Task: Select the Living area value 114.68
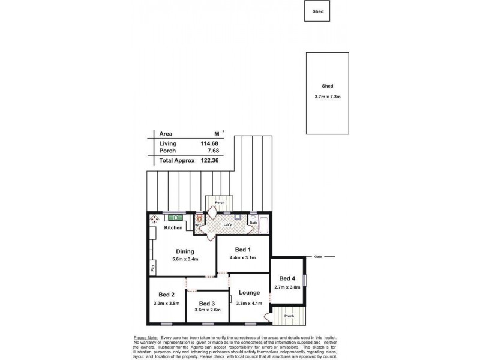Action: click(x=208, y=143)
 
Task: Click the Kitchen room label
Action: click(x=173, y=228)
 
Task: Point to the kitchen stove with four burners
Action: click(x=154, y=218)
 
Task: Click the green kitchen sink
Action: click(x=175, y=218)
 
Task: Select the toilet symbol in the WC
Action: click(x=199, y=220)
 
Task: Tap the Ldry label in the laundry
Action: click(x=227, y=225)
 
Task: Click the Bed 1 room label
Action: click(x=242, y=249)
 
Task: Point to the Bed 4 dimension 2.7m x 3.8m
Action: click(x=287, y=287)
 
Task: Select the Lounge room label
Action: click(x=249, y=293)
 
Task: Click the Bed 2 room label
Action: click(x=167, y=295)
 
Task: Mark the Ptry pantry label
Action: click(x=153, y=268)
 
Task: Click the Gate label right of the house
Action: click(x=318, y=257)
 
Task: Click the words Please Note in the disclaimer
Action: click(x=145, y=338)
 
